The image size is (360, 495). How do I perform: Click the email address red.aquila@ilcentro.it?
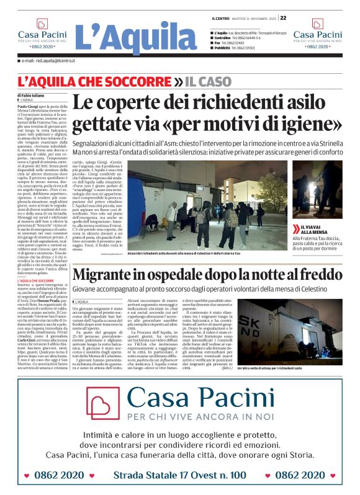click(x=48, y=61)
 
